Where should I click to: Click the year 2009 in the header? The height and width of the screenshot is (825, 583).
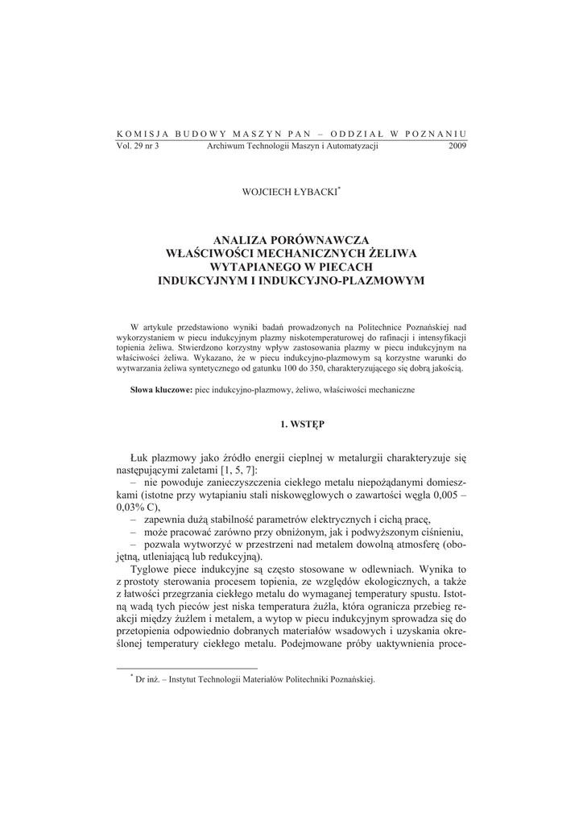[x=456, y=146]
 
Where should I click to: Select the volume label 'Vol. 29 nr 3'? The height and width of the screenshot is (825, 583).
[x=139, y=146]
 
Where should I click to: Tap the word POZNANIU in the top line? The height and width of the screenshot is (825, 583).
[x=436, y=134]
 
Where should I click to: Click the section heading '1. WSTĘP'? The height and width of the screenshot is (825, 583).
[x=291, y=423]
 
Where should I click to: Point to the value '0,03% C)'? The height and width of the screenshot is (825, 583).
[x=139, y=508]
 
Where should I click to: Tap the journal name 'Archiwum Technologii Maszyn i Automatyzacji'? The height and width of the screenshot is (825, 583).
[x=292, y=146]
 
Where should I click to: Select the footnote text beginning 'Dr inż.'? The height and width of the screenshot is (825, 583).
[x=256, y=679]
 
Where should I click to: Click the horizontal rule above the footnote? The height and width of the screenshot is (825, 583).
[x=187, y=668]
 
